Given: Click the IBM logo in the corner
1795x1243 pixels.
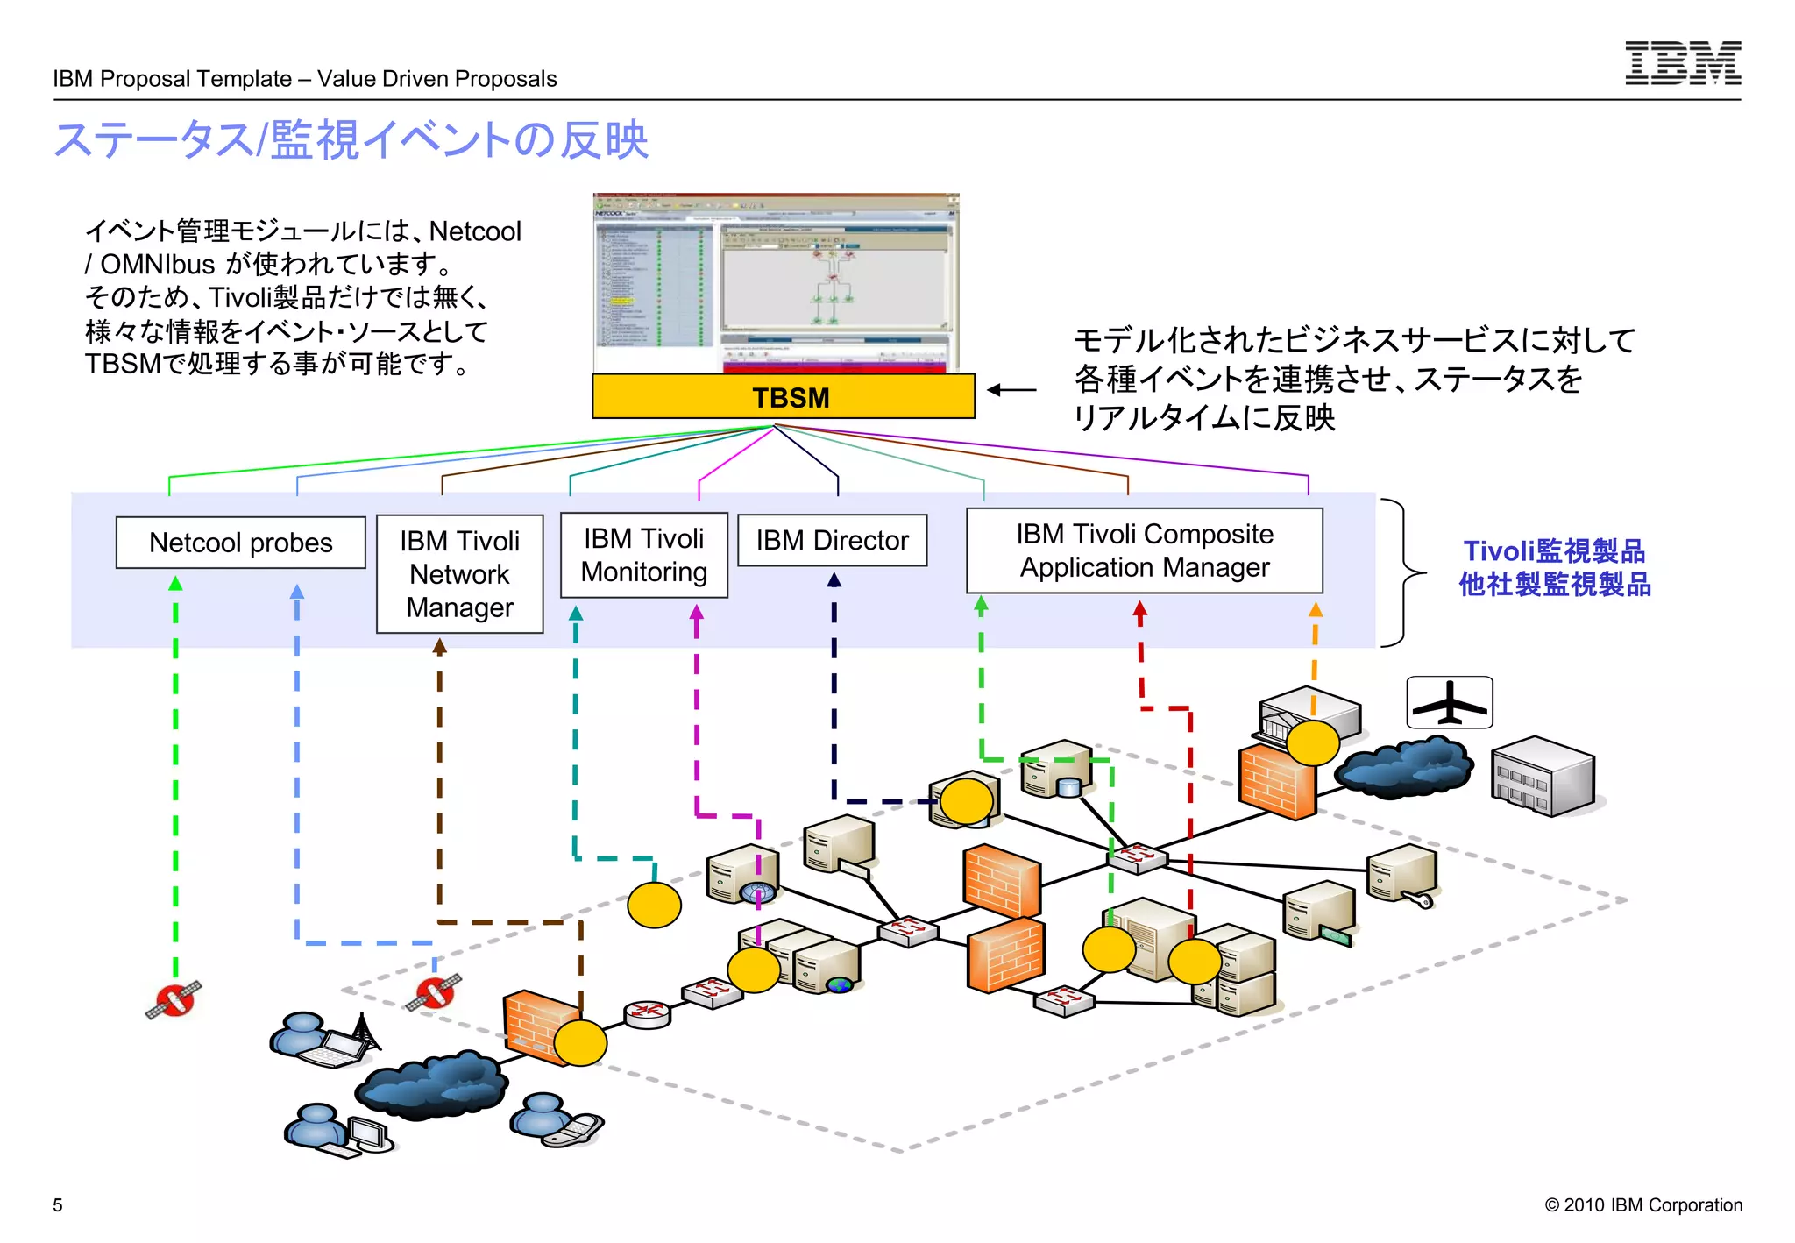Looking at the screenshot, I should (1682, 63).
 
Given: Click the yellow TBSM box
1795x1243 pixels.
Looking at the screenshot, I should (783, 397).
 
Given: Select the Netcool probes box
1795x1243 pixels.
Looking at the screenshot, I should (240, 543).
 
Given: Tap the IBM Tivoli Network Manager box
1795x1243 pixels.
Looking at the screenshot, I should (459, 574).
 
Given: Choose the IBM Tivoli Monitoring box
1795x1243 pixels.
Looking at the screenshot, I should (643, 555).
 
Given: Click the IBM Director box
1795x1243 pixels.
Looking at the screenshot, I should (832, 540).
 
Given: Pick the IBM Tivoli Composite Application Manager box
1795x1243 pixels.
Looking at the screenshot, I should (1144, 550).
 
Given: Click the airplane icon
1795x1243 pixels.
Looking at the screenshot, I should (1449, 702).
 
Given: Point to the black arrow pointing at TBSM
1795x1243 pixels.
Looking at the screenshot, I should (1011, 390).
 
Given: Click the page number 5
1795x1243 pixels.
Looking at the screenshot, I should (58, 1205).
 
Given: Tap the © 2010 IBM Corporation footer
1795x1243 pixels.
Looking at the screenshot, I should (1642, 1205).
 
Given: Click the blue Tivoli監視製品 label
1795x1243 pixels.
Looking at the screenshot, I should (1554, 551).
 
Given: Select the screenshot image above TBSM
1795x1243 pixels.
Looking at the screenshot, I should (776, 283).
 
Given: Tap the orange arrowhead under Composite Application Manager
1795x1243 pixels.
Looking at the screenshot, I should (1315, 610).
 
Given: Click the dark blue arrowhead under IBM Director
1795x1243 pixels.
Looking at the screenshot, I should (834, 580).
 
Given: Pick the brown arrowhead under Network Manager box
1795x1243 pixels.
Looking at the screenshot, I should (440, 647).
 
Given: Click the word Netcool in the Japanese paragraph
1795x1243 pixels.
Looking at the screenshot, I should (475, 231).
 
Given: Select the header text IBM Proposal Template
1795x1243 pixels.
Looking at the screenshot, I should (172, 79).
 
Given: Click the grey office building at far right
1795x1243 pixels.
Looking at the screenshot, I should (1543, 777).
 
